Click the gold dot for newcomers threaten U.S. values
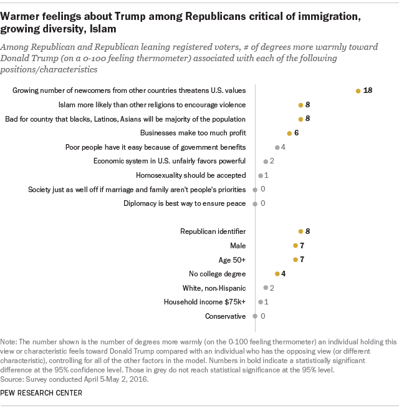358,91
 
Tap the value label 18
368,91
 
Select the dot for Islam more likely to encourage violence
300,105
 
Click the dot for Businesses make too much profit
289,133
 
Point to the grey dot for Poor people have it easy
277,147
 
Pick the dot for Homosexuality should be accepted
260,175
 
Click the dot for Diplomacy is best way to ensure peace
255,203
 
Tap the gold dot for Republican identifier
300,231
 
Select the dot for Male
295,246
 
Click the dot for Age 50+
295,260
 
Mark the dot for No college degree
277,274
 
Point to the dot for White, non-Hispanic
266,288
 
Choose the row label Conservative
226,316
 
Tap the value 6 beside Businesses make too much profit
297,133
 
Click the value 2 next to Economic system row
272,161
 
